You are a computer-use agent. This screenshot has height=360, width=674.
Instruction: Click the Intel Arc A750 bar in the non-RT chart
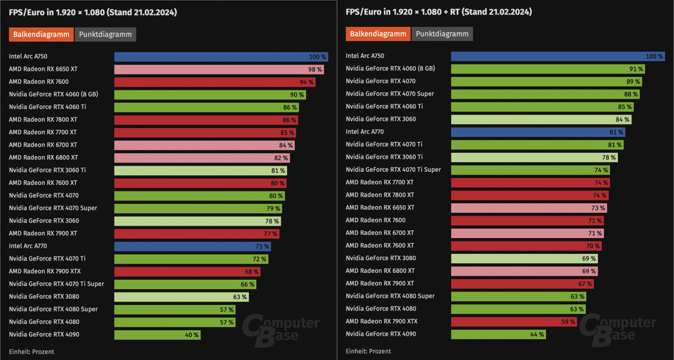pos(221,57)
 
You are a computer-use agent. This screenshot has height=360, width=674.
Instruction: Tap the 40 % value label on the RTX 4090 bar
pos(192,335)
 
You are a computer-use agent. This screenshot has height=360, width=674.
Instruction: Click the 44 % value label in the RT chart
pos(537,334)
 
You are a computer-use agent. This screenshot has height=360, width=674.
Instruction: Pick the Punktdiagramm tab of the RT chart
pos(442,34)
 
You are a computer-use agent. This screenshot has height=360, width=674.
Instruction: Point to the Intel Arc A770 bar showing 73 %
pos(193,246)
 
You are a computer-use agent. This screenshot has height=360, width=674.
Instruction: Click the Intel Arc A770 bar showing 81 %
pos(538,132)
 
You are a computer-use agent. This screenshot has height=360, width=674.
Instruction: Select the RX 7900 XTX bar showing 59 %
pos(514,321)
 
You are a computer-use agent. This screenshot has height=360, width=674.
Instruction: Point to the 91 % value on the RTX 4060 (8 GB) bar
pos(636,69)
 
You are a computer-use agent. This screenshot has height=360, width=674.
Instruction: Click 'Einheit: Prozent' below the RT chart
pos(368,352)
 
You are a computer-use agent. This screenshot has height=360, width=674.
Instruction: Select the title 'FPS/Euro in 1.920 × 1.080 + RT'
pos(439,12)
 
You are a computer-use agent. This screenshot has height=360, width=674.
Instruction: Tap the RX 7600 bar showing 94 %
pos(215,82)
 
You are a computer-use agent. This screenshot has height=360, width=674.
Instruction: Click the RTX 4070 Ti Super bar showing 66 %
pos(185,284)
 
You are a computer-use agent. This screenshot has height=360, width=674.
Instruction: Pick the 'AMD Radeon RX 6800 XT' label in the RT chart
pos(381,271)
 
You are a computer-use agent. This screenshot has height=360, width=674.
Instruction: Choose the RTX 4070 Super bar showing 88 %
pos(545,94)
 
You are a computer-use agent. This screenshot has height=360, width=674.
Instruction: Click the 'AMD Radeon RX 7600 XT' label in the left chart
pos(43,183)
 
